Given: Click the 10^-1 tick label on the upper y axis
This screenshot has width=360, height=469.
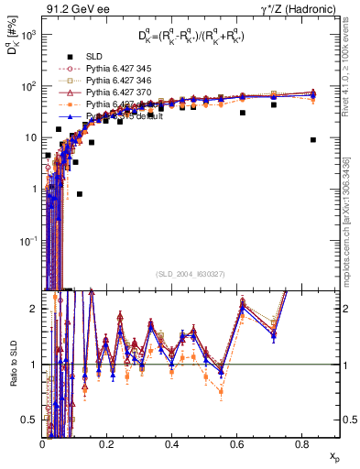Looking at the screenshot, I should point(27,240).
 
